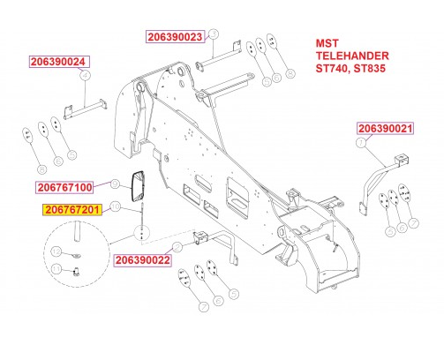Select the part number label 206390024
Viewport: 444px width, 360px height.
pyautogui.click(x=59, y=63)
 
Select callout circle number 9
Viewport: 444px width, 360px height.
pyautogui.click(x=113, y=184)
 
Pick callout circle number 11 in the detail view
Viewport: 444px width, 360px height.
pyautogui.click(x=56, y=268)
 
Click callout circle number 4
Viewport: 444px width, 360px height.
pyautogui.click(x=86, y=76)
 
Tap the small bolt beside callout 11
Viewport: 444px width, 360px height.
pyautogui.click(x=76, y=270)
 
